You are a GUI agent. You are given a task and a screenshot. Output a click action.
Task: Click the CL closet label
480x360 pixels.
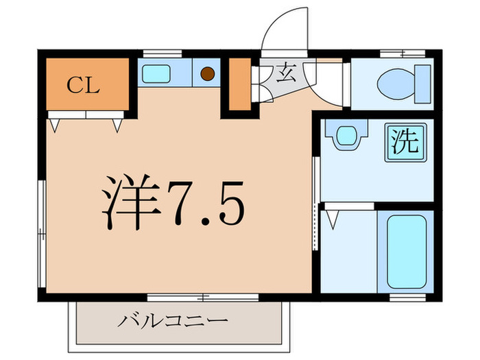point(84,86)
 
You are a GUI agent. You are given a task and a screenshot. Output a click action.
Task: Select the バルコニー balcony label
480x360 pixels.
point(171,321)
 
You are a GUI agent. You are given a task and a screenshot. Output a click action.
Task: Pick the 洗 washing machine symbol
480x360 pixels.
point(404,142)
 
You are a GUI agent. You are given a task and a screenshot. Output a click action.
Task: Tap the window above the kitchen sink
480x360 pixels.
point(162,53)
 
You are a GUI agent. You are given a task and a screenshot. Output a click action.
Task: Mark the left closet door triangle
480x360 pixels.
point(56,125)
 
